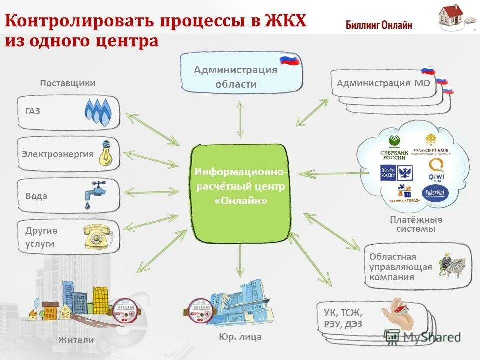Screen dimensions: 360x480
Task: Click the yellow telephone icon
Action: [x=95, y=236]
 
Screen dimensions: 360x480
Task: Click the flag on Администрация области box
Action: [x=289, y=60]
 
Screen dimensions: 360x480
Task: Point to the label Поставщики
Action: [x=67, y=83]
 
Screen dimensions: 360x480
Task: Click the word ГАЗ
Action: [x=33, y=111]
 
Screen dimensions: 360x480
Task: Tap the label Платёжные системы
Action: [x=416, y=224]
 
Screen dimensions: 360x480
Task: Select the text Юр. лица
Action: [x=240, y=337]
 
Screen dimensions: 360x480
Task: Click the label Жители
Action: [x=76, y=340]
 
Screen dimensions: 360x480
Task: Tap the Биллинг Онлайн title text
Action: [x=379, y=25]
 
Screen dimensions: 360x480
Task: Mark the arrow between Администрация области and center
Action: [x=240, y=119]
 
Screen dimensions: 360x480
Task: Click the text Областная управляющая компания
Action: [x=400, y=267]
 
